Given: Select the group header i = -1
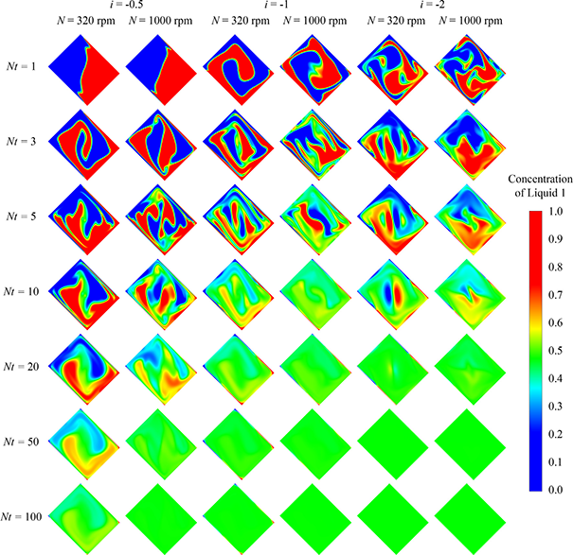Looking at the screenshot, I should [x=277, y=6].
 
